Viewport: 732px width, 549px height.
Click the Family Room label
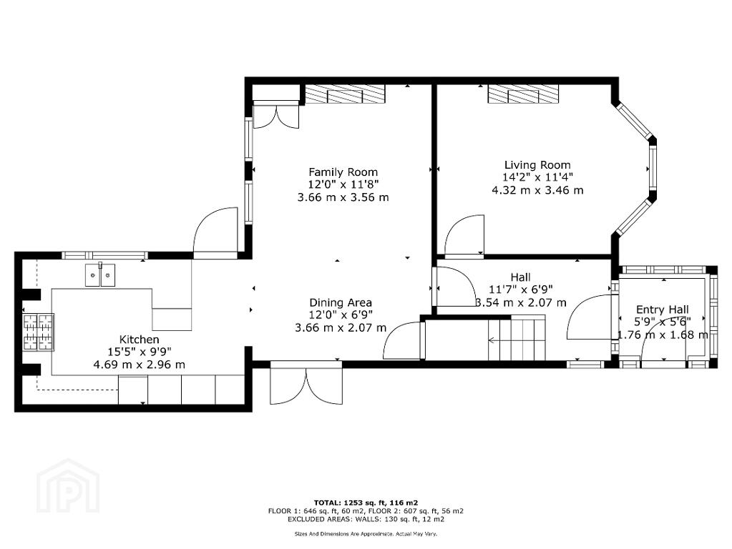click(343, 172)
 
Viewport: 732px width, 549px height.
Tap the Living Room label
click(537, 164)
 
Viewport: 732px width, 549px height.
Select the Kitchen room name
click(139, 339)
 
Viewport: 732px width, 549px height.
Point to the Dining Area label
click(341, 302)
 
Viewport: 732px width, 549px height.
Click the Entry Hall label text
click(663, 310)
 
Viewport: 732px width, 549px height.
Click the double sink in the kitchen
click(100, 274)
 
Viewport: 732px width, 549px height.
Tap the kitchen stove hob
click(39, 332)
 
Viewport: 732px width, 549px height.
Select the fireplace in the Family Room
click(346, 94)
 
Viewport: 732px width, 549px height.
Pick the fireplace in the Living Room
click(523, 94)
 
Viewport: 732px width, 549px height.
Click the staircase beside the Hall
click(517, 337)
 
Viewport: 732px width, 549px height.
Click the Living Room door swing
click(464, 236)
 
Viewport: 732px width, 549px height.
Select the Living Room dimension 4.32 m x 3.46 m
click(537, 190)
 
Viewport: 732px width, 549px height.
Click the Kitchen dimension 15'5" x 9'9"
click(139, 352)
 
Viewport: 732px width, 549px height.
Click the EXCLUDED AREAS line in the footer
click(366, 519)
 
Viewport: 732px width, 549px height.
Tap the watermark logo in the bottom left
click(68, 485)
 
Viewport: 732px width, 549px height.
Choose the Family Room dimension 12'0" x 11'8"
click(343, 184)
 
